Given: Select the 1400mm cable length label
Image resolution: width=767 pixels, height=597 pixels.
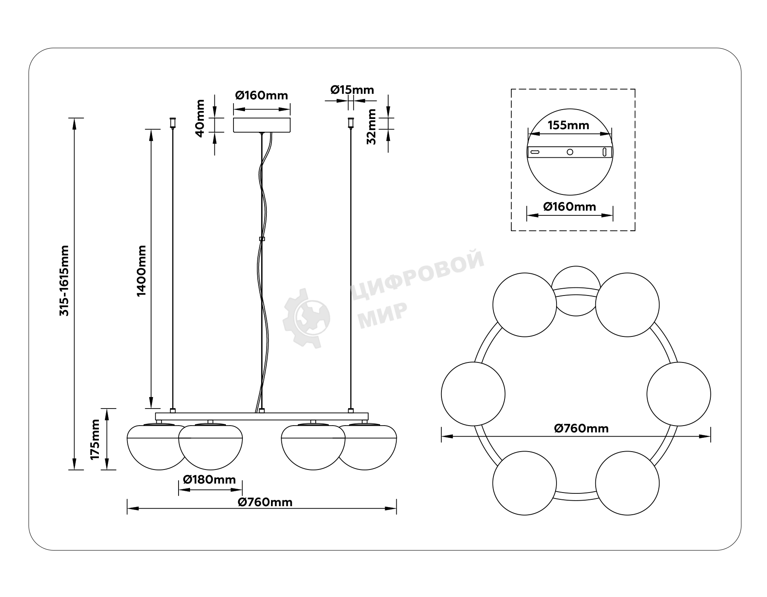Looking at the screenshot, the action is pyautogui.click(x=141, y=271).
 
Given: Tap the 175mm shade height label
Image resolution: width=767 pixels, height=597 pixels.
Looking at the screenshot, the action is pyautogui.click(x=95, y=439).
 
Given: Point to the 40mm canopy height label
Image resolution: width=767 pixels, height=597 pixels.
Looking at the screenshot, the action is pyautogui.click(x=200, y=118).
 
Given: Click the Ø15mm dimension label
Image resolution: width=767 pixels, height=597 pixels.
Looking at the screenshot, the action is pyautogui.click(x=352, y=90).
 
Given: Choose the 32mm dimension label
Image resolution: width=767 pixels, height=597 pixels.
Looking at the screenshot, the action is pyautogui.click(x=372, y=127).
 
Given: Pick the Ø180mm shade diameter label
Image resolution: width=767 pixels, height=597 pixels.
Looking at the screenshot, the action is pyautogui.click(x=209, y=480).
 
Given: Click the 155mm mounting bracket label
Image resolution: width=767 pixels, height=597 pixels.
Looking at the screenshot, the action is pyautogui.click(x=568, y=125).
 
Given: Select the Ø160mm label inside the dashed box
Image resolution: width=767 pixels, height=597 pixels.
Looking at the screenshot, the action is pyautogui.click(x=570, y=207).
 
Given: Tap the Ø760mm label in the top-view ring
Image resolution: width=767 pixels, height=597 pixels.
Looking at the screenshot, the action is pyautogui.click(x=582, y=428).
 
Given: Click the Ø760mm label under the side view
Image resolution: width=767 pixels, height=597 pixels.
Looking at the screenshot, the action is pyautogui.click(x=265, y=502).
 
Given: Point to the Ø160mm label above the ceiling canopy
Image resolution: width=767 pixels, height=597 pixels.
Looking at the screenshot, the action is pyautogui.click(x=262, y=95).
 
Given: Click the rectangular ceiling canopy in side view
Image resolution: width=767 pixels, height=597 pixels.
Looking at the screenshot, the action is pyautogui.click(x=262, y=125).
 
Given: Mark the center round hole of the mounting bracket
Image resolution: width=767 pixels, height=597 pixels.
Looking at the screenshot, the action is pyautogui.click(x=570, y=152).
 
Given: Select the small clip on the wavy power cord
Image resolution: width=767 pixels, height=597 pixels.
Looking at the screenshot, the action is pyautogui.click(x=262, y=239).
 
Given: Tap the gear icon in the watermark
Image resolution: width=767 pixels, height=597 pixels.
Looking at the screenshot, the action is pyautogui.click(x=306, y=318).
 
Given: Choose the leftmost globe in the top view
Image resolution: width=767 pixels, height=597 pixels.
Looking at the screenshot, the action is pyautogui.click(x=473, y=394).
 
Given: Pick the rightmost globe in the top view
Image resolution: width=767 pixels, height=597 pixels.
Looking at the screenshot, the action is pyautogui.click(x=679, y=394).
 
